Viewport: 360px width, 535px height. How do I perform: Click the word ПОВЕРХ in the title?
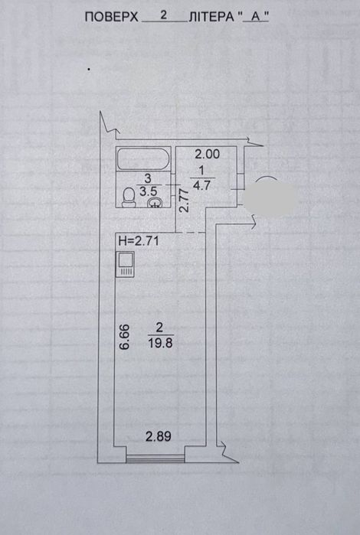111,17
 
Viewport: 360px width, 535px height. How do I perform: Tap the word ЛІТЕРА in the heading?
211,17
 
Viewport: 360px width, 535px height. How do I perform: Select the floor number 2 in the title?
164,15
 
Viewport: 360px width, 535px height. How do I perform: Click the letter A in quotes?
254,18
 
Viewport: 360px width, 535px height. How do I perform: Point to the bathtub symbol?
143,158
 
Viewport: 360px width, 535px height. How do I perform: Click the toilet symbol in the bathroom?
129,198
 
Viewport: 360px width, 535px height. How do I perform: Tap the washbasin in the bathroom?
155,202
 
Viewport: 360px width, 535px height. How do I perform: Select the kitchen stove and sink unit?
125,264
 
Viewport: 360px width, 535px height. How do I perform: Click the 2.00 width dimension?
208,154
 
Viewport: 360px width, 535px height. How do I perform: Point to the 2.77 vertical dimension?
184,201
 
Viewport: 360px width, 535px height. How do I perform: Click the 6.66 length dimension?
124,337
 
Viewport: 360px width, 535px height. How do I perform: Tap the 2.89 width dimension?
158,436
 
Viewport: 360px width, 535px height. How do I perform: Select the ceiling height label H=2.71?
139,241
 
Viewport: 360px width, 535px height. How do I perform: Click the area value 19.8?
160,343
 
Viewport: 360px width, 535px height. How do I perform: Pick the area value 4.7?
201,185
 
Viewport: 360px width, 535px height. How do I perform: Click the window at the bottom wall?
155,458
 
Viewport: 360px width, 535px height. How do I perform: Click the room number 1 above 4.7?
201,170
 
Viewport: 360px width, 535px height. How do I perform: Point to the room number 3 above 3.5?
148,178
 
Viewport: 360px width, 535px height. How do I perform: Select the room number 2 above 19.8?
159,328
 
